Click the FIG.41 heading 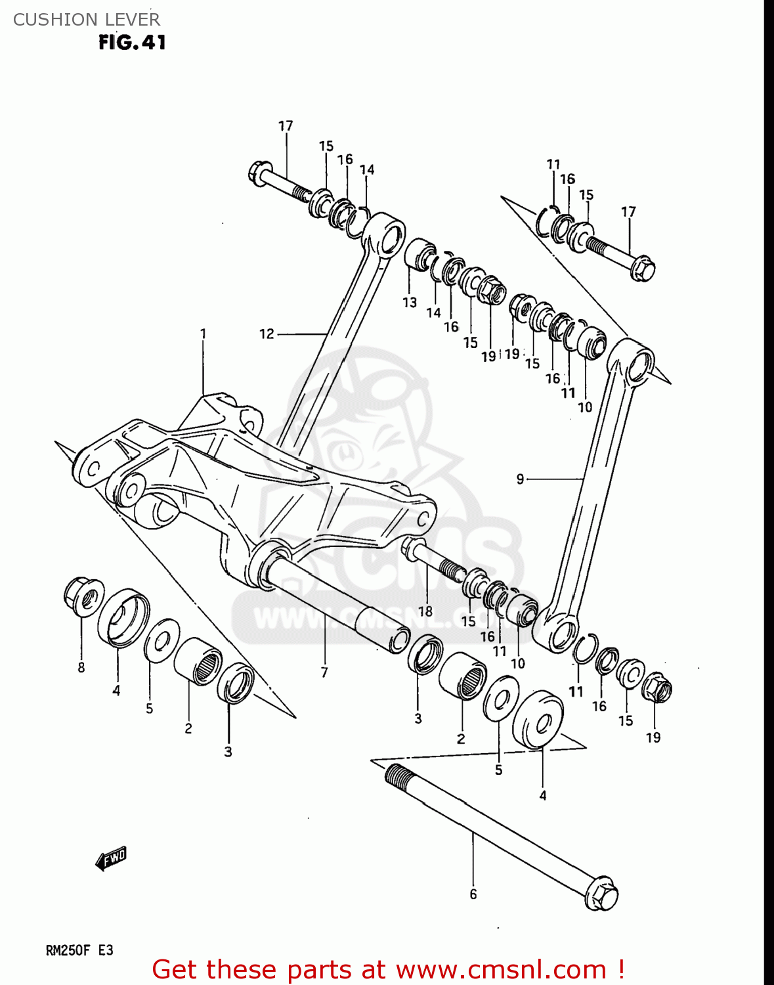[132, 43]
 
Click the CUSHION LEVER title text [86, 19]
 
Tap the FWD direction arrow [110, 858]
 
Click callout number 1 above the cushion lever [203, 334]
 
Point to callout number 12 [267, 334]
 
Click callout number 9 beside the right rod [520, 479]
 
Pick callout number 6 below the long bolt [473, 894]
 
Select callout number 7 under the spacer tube [324, 672]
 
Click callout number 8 [81, 668]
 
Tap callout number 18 [425, 611]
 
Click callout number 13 [410, 302]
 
